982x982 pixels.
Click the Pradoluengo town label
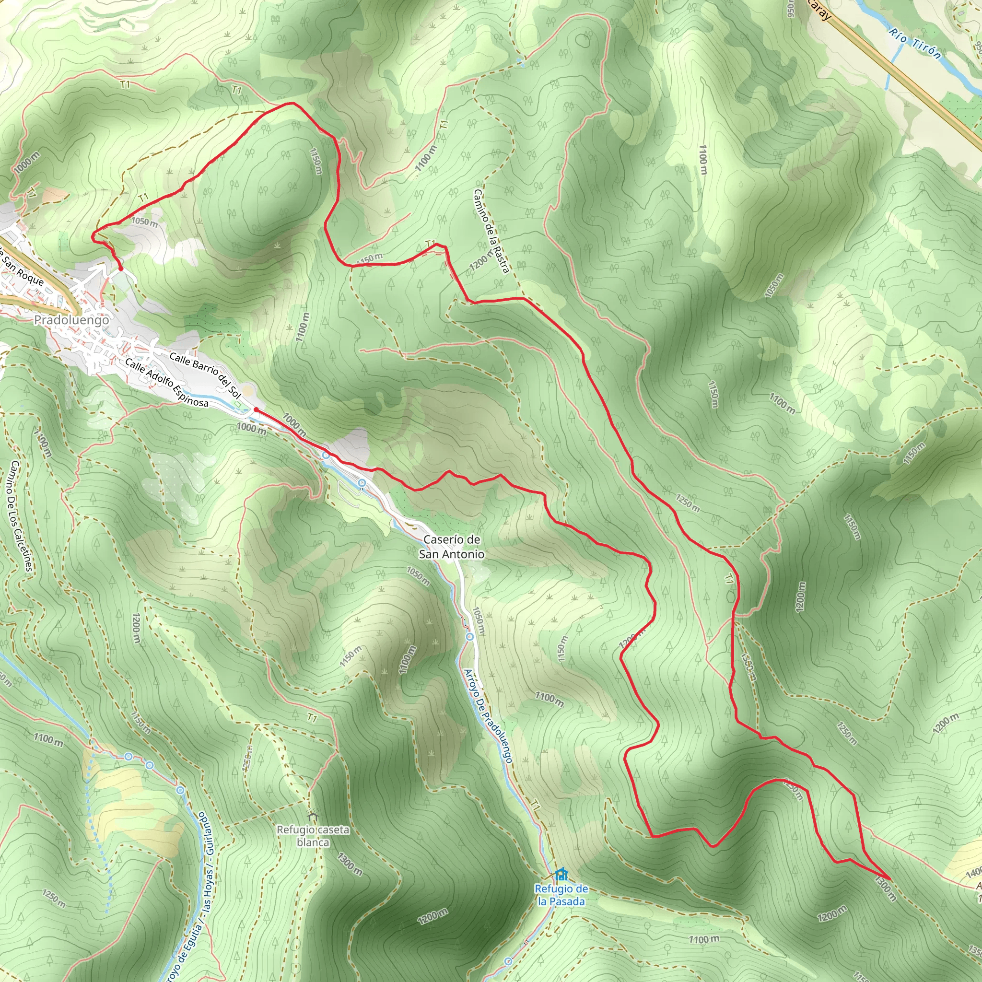pos(71,320)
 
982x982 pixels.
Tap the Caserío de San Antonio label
pos(451,547)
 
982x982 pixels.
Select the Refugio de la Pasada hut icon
pos(561,874)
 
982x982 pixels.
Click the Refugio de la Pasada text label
pos(561,895)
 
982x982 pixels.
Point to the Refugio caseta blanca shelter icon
pos(312,816)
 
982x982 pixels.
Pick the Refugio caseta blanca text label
pos(313,836)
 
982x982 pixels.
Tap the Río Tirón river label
pos(915,43)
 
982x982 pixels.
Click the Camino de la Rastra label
pos(491,231)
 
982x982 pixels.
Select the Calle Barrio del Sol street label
pos(205,374)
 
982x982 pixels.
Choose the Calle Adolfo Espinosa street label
pos(167,383)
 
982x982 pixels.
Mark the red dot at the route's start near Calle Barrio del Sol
pos(256,409)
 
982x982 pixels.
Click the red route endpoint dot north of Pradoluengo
pos(121,269)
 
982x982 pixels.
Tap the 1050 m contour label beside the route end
pos(144,222)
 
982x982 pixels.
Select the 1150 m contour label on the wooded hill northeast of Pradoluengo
pos(316,161)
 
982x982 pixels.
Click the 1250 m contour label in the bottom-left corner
pos(53,899)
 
